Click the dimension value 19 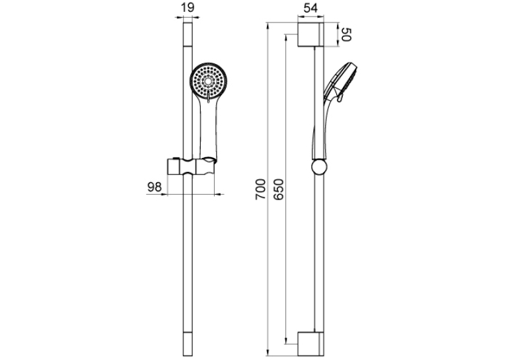coord(188,7)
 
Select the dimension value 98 coord(154,187)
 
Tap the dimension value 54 coord(310,8)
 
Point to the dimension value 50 coord(345,34)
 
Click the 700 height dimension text coord(260,190)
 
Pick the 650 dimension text coord(278,190)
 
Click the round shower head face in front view coord(209,81)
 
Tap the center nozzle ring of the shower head coord(209,81)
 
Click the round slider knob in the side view coord(320,167)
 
